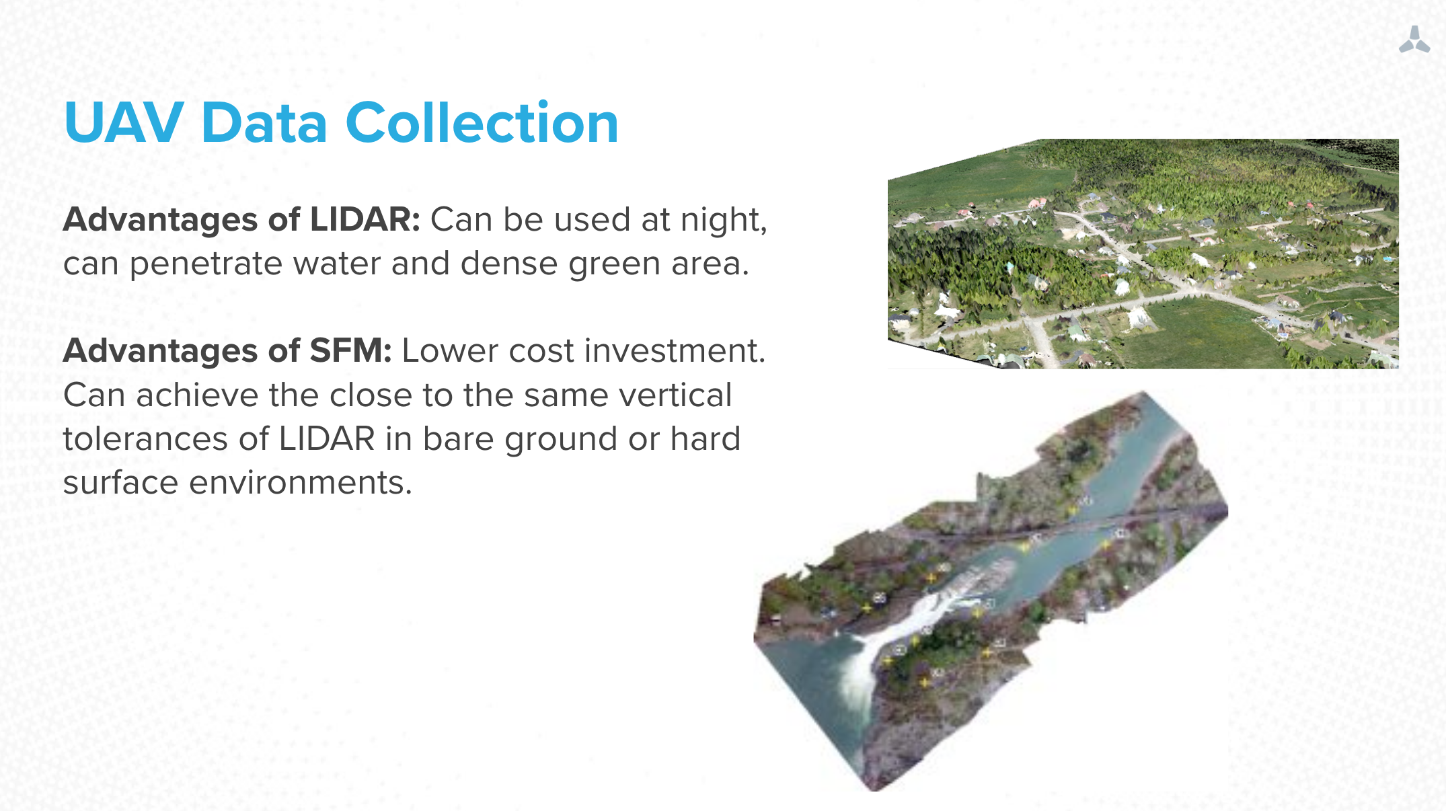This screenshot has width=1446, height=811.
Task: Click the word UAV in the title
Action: pos(124,122)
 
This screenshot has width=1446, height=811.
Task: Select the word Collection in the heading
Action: pos(482,122)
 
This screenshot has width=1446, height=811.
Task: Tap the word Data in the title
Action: pos(264,122)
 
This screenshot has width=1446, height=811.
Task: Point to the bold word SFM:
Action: pos(350,350)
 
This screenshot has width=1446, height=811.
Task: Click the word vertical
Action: pos(675,395)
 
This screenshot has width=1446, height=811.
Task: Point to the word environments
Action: pos(301,483)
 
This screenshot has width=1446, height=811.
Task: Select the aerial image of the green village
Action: pos(1143,254)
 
